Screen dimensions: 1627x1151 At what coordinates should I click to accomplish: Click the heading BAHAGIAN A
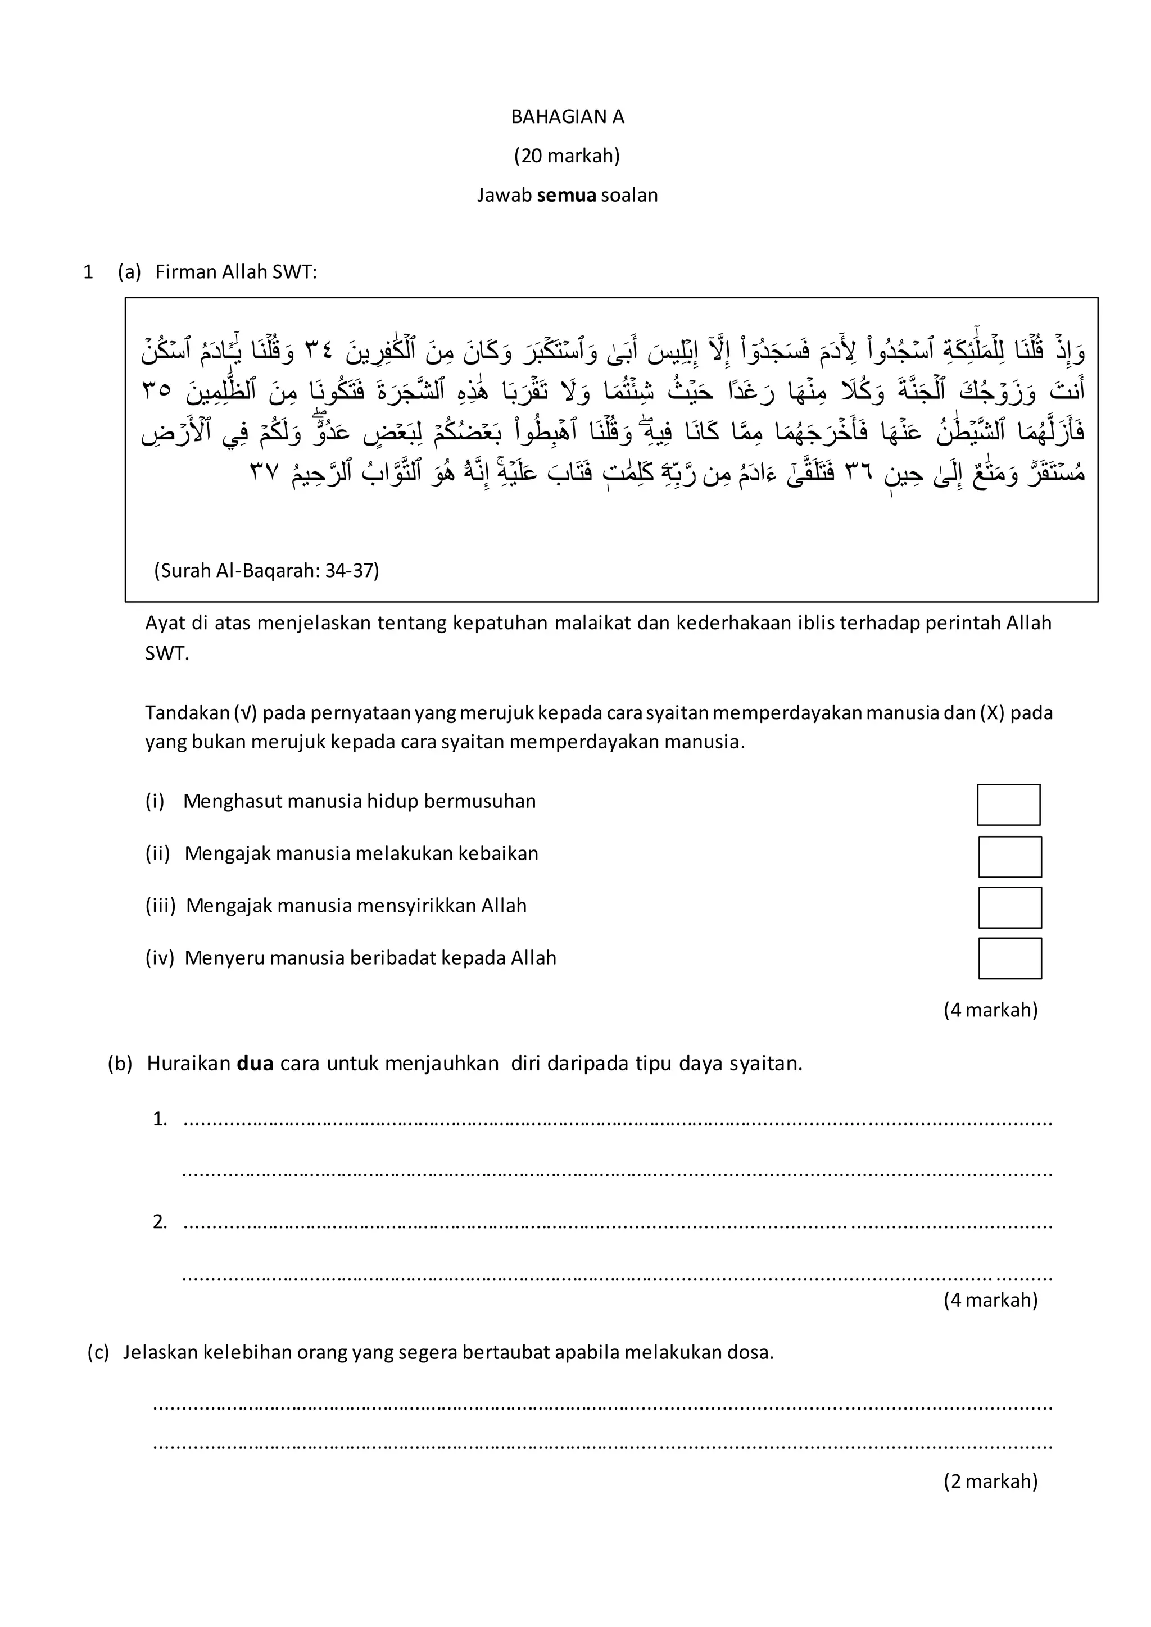click(567, 117)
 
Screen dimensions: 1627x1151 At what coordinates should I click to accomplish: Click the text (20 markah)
click(567, 156)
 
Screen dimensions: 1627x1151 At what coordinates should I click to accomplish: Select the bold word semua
click(567, 195)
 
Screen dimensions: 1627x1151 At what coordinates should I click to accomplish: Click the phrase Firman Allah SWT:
click(236, 272)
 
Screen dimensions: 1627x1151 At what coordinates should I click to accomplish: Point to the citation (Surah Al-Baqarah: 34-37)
click(266, 570)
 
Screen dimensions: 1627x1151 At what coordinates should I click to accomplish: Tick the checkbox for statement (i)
click(1009, 805)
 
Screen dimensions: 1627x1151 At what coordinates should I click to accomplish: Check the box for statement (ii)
click(1010, 857)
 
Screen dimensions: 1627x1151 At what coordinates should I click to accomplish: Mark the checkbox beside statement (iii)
click(1010, 908)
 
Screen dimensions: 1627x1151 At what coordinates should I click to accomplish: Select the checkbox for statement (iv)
click(1010, 959)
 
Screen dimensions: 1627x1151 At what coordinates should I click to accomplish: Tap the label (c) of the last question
click(98, 1353)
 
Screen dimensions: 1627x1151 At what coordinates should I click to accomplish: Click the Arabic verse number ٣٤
click(319, 351)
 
